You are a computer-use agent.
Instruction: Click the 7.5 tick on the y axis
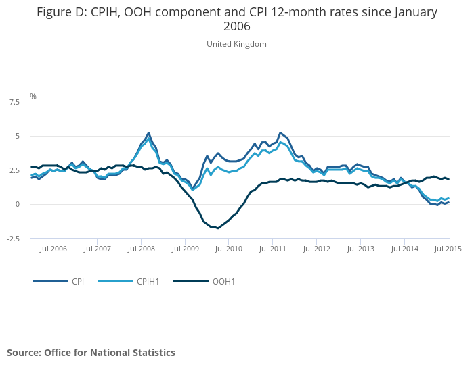pos(14,102)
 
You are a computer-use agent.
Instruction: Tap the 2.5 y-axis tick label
pos(14,170)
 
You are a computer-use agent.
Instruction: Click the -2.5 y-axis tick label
pos(12,239)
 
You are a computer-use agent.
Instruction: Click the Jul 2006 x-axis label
pos(53,249)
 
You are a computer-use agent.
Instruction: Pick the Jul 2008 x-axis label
pos(141,249)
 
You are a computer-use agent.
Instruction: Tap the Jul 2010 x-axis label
pos(228,249)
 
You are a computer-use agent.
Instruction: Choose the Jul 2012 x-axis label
pos(316,249)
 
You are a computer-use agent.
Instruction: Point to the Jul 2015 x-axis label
pos(448,249)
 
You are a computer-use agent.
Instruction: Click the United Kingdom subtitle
pos(236,44)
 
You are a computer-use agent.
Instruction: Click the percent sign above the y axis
pos(33,97)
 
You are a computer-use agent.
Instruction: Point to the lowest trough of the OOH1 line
pos(217,228)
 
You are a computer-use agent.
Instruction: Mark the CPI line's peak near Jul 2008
pos(148,133)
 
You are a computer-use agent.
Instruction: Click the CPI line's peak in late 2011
pos(280,133)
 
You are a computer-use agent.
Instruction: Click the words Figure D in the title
pos(61,12)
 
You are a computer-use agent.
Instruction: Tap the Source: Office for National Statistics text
pos(91,353)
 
